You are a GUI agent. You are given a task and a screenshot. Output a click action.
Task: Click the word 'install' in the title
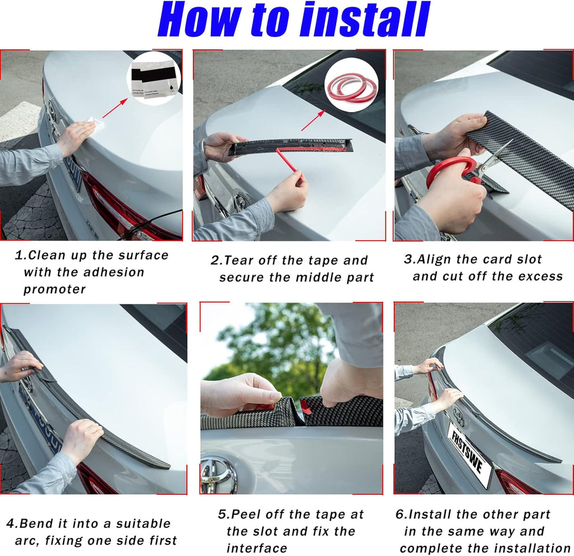tap(365, 20)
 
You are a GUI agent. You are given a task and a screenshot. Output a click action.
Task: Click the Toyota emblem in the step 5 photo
tap(218, 475)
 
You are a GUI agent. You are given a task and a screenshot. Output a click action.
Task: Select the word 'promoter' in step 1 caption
tap(54, 290)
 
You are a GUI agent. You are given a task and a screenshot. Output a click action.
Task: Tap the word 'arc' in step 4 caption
tap(27, 541)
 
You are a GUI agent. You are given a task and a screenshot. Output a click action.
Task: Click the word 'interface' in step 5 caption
tap(257, 548)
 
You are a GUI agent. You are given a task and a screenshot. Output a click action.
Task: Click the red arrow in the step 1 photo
tap(114, 107)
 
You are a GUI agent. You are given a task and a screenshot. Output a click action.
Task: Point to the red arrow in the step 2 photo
tap(313, 120)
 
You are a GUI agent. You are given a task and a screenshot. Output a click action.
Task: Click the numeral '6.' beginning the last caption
tap(414, 515)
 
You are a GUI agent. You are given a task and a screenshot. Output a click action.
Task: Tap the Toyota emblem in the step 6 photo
tap(459, 418)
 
